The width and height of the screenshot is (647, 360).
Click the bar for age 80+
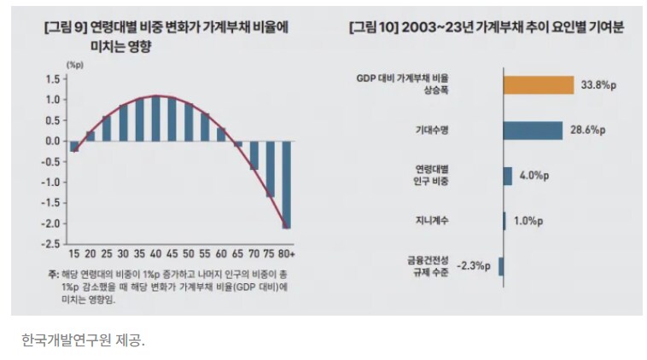pos(286,184)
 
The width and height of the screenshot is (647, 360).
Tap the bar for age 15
pos(74,146)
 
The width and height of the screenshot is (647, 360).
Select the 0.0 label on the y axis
pos(50,141)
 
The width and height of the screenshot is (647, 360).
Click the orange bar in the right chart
pos(538,84)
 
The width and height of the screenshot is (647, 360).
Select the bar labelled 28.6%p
pos(532,131)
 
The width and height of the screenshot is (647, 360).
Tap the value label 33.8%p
pos(599,84)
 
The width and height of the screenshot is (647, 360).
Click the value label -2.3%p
pos(474,266)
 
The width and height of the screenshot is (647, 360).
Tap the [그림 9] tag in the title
pos(64,27)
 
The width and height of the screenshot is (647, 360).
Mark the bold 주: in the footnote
pos(53,275)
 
